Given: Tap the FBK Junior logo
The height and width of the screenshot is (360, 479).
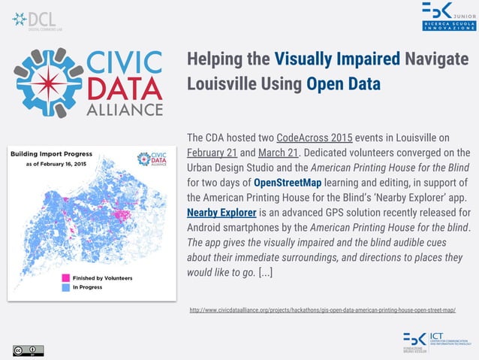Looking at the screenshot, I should click(447, 17).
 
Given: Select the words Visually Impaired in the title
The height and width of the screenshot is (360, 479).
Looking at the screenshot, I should click(338, 59).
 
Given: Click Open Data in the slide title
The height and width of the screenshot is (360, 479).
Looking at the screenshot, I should click(343, 82).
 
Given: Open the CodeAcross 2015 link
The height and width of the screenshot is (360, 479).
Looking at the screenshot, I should click(310, 138).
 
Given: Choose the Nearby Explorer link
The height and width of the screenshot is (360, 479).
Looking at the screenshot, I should click(221, 213).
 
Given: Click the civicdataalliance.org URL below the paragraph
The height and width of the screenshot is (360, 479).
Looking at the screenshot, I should click(323, 310).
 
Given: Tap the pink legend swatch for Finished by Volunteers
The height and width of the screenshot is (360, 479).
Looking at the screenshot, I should click(65, 277).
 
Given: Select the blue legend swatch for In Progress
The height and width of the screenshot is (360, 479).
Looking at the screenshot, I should click(65, 286).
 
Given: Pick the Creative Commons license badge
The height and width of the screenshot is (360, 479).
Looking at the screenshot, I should click(28, 349).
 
